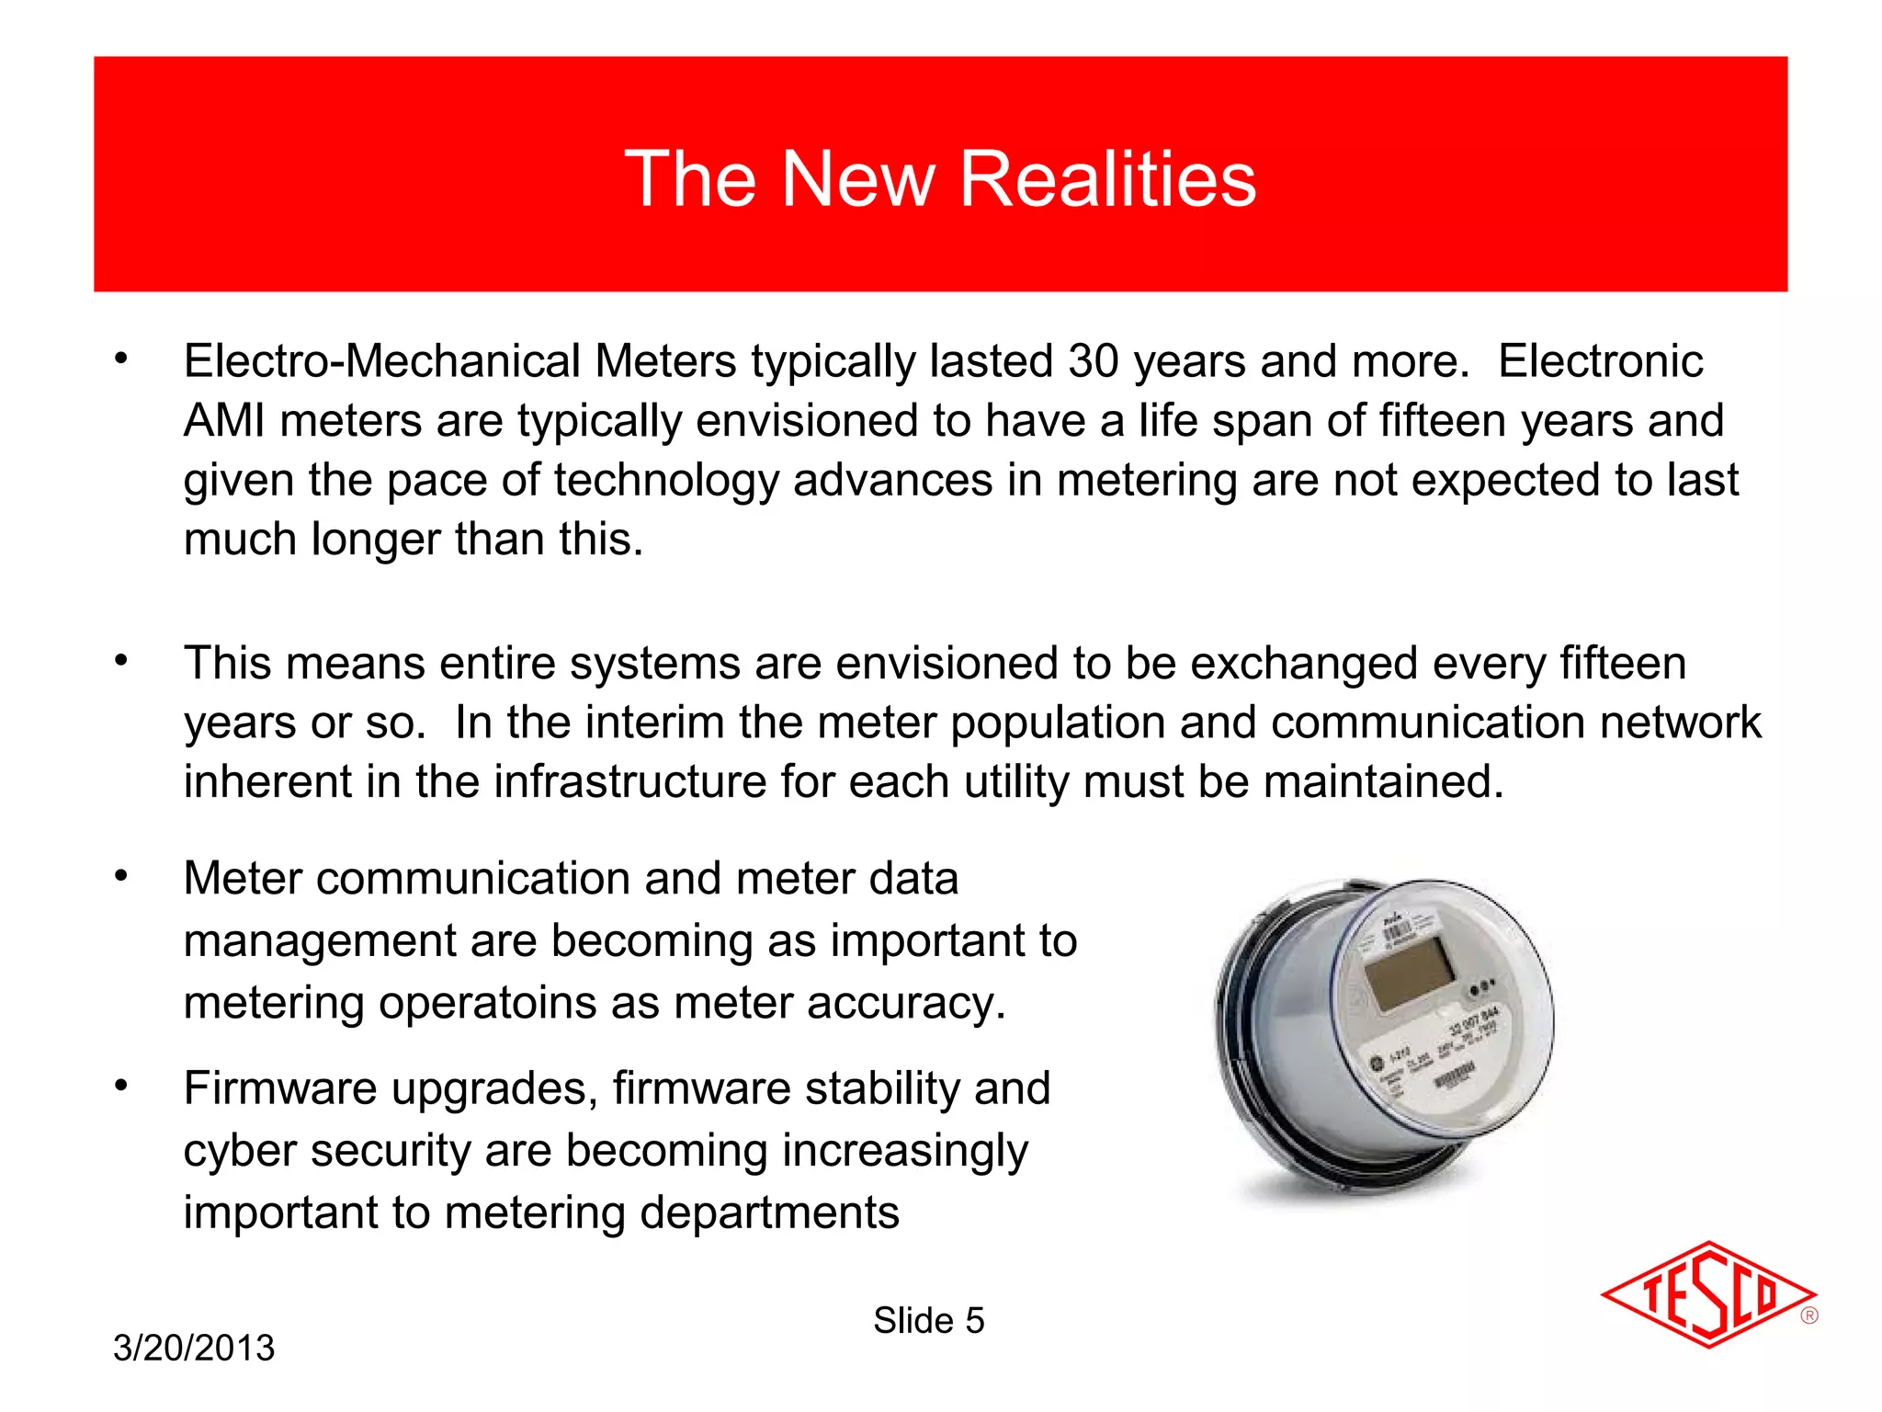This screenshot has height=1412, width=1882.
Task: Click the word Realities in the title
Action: (1107, 179)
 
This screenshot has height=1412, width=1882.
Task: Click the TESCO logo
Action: (1707, 1294)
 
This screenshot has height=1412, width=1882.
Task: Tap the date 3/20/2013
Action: (194, 1348)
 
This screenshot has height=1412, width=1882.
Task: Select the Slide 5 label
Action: (928, 1321)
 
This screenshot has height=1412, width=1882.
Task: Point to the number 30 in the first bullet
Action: (1094, 361)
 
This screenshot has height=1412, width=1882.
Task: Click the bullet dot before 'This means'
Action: (121, 660)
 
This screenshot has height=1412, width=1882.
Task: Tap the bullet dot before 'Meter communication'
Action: (121, 876)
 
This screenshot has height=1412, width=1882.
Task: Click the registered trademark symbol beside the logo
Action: (1809, 1315)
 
